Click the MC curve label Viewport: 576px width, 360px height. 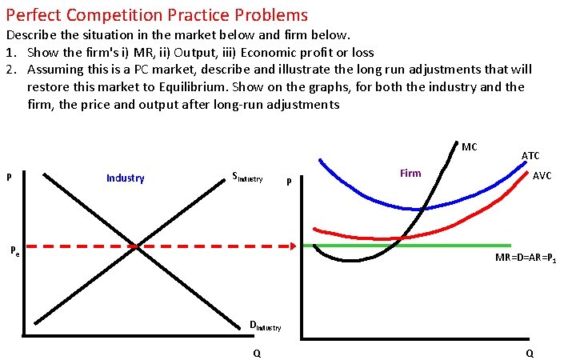coord(470,146)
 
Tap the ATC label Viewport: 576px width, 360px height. coord(530,155)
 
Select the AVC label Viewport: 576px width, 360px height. coord(542,175)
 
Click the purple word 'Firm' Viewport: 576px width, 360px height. coord(410,173)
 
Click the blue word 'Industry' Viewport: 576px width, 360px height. coord(126,178)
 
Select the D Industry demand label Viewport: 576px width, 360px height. coord(265,326)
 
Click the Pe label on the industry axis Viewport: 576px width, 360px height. coord(15,250)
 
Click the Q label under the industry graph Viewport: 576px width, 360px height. coord(256,353)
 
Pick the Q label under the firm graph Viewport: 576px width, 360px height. coord(530,353)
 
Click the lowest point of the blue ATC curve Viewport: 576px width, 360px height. coord(422,210)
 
